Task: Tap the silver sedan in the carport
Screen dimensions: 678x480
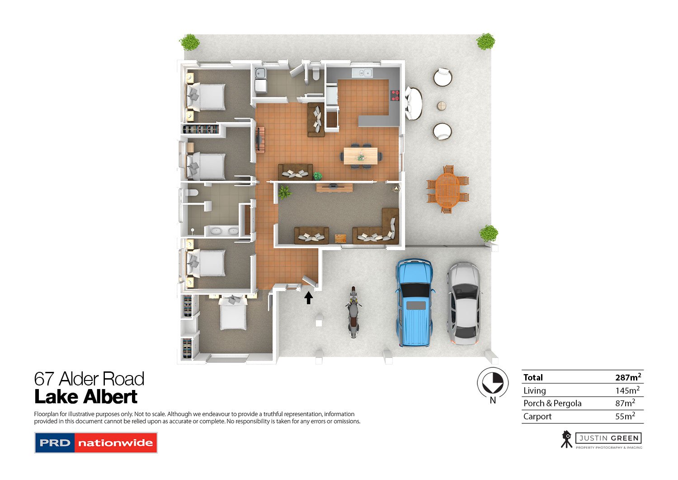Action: (x=464, y=304)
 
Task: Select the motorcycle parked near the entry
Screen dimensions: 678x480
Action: (x=353, y=312)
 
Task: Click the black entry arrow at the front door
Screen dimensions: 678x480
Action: (x=308, y=298)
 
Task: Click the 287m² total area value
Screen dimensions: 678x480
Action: (x=628, y=377)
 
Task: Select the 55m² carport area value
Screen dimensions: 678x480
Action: (x=625, y=416)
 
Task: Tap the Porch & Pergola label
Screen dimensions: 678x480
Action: (x=552, y=404)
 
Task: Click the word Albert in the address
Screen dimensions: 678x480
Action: (x=110, y=396)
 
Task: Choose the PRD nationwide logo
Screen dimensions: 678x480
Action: (x=96, y=443)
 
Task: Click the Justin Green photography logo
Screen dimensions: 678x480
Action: (x=601, y=440)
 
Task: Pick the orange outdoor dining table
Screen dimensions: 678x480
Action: (x=447, y=190)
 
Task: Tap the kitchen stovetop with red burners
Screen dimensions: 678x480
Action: (x=395, y=95)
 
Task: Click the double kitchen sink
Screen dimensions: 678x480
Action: (x=362, y=73)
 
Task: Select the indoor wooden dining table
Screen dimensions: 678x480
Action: (x=361, y=156)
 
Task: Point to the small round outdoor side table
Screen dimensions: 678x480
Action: (x=441, y=106)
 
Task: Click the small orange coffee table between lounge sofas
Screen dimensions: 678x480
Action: (x=340, y=238)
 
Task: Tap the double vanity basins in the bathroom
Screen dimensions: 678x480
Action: (x=224, y=231)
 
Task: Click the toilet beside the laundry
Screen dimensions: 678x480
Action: (x=315, y=74)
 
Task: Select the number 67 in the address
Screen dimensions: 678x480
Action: (x=44, y=379)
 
